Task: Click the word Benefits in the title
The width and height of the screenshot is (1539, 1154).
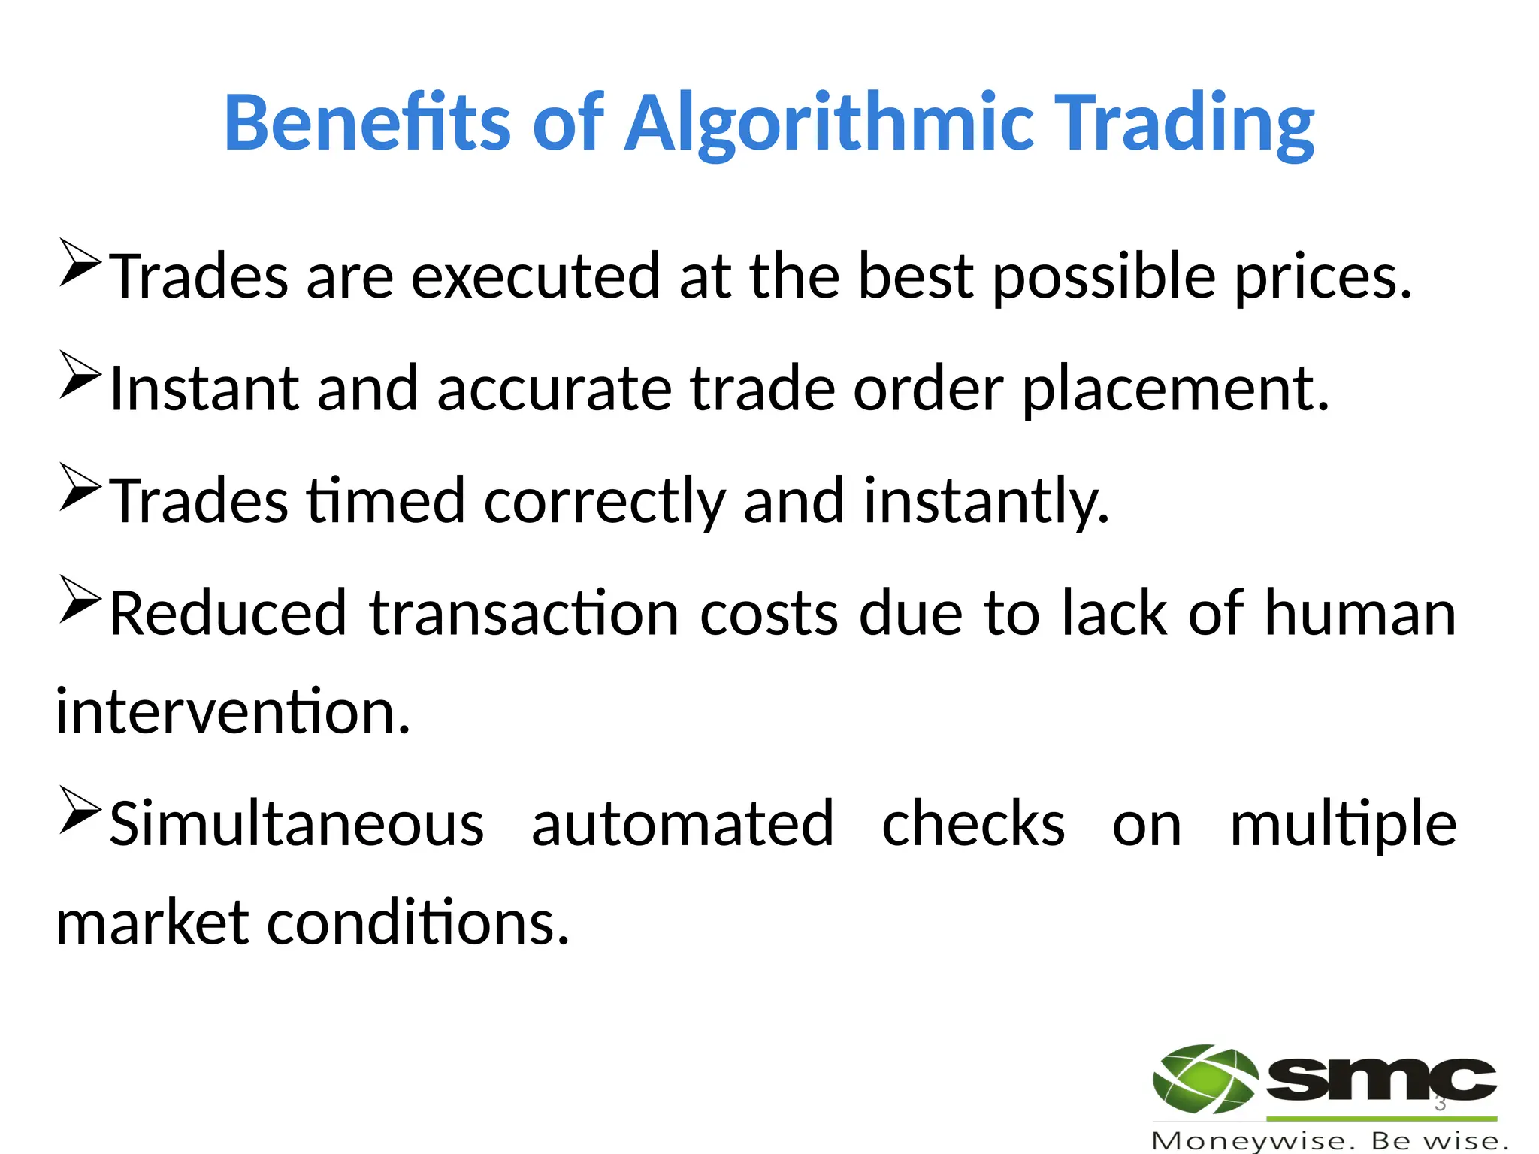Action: pos(367,122)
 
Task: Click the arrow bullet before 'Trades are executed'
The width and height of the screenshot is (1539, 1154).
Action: pos(80,262)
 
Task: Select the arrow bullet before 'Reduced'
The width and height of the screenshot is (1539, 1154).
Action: pos(80,599)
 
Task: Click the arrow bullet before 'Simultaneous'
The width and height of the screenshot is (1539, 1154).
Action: pos(80,810)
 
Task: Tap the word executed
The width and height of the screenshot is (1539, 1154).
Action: pos(534,276)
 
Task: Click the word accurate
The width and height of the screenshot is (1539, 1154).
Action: pos(554,389)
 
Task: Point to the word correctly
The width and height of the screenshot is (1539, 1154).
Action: pos(604,502)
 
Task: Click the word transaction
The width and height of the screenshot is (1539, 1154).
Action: pos(524,614)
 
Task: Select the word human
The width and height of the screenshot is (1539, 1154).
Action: pos(1359,614)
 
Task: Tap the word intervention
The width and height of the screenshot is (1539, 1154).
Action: pos(233,711)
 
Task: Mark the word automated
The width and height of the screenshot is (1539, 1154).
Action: pos(682,824)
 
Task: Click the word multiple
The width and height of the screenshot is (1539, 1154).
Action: pos(1343,826)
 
